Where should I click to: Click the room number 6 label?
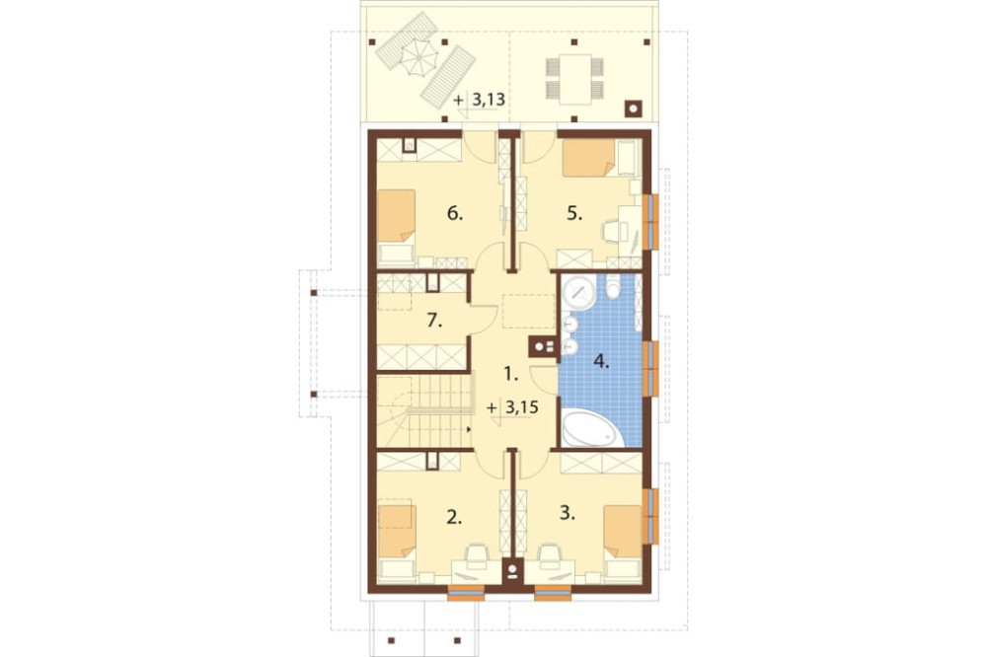(455, 214)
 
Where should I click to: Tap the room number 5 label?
(574, 214)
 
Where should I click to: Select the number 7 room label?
(434, 321)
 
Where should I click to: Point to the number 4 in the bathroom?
(602, 362)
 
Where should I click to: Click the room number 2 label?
(454, 517)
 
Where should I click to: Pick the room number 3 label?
(568, 514)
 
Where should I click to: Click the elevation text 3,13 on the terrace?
(489, 100)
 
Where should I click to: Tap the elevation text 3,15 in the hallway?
(522, 407)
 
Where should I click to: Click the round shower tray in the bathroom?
(578, 293)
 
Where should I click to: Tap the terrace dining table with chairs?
(574, 79)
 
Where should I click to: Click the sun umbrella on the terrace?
(418, 58)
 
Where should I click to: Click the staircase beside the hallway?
(424, 411)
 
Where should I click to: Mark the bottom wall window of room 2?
(466, 592)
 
